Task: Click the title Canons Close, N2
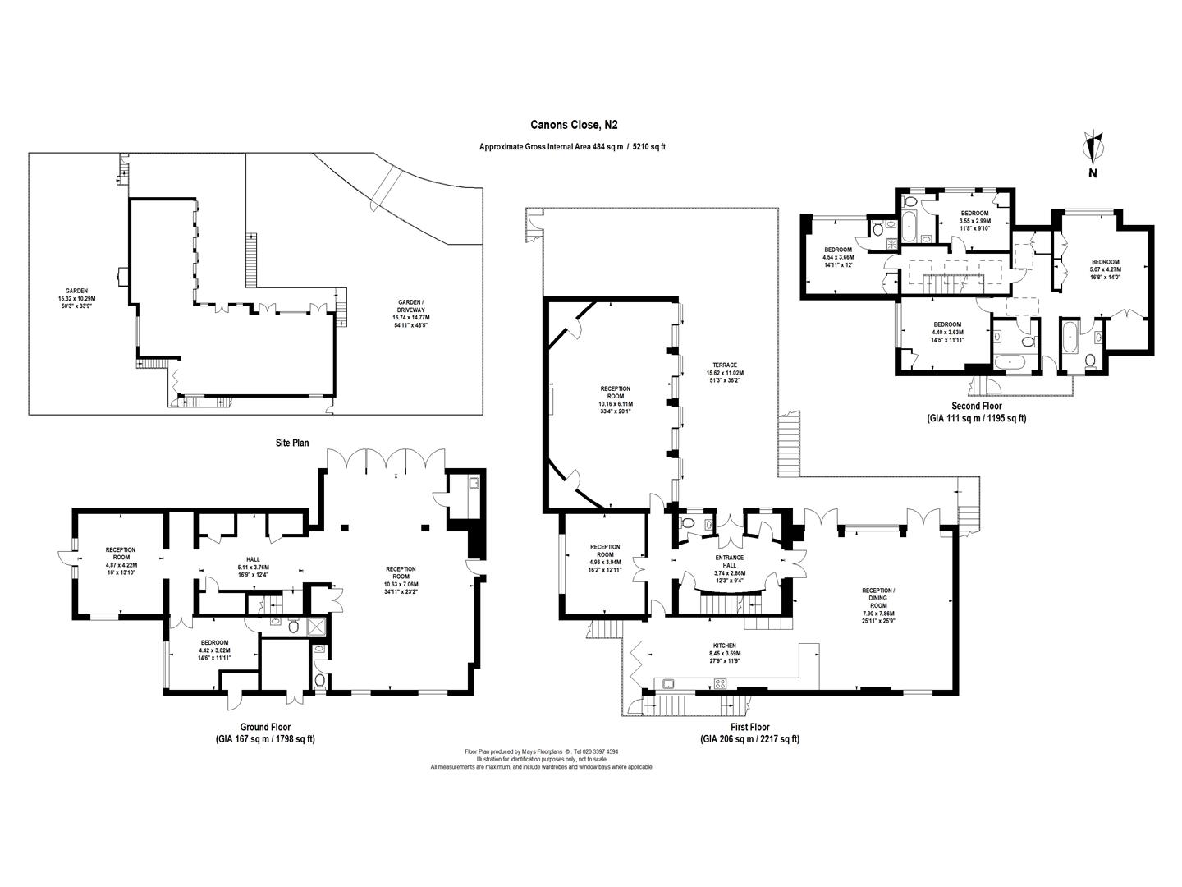tap(573, 126)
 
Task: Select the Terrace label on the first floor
tap(725, 372)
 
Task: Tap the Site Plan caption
tap(292, 443)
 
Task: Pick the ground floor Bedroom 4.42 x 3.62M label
tap(213, 650)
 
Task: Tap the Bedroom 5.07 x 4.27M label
tap(1104, 269)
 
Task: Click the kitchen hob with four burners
tap(721, 683)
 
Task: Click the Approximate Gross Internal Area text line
tap(572, 147)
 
